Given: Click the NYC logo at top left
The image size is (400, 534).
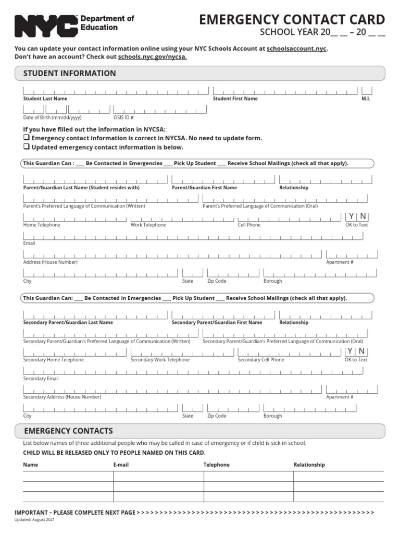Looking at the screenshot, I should [46, 26].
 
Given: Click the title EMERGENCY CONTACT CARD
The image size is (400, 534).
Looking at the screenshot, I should [292, 20].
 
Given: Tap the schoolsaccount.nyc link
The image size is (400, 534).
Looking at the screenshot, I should [297, 48].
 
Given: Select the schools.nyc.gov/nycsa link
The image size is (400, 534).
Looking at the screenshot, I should [153, 57].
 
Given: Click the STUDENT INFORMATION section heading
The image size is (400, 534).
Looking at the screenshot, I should [70, 74].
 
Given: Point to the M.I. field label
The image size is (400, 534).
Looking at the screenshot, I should [366, 99].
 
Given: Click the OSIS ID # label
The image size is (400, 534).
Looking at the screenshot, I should [123, 117].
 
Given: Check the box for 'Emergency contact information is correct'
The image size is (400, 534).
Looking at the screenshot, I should [27, 138].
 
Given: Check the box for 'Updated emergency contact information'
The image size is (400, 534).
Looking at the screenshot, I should [27, 147].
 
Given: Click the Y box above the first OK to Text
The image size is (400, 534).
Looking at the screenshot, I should [351, 216].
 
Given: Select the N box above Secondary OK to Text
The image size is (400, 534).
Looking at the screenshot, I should [361, 351].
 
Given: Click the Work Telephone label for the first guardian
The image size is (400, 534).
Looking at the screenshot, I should [148, 225].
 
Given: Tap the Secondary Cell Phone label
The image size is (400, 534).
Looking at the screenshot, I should [261, 360].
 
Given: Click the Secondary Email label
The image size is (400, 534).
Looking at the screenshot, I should [41, 379].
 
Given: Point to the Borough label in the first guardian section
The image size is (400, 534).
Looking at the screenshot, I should [272, 281].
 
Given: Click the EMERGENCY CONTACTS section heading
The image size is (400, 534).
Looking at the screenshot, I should [68, 431].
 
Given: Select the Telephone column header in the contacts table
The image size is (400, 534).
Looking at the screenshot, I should [216, 465].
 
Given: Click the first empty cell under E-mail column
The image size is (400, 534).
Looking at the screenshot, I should [158, 476].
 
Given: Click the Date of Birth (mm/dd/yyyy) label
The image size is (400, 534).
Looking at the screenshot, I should [52, 117].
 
